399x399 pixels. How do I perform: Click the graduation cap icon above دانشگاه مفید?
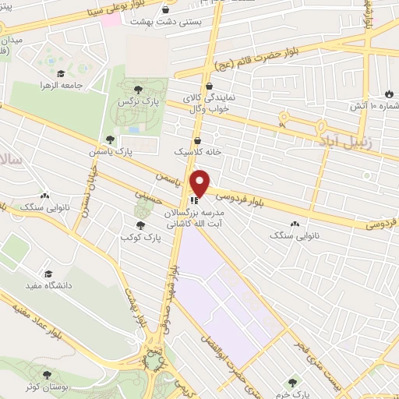pyautogui.click(x=48, y=274)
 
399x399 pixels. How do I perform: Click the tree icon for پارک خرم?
pyautogui.click(x=291, y=382)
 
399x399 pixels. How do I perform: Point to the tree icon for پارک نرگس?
pyautogui.click(x=139, y=90)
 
